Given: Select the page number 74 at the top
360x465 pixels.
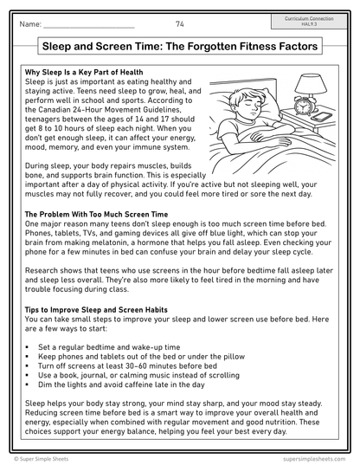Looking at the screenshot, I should tap(179, 23).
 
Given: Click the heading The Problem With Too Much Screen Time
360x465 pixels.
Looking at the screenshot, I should tap(96, 213).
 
